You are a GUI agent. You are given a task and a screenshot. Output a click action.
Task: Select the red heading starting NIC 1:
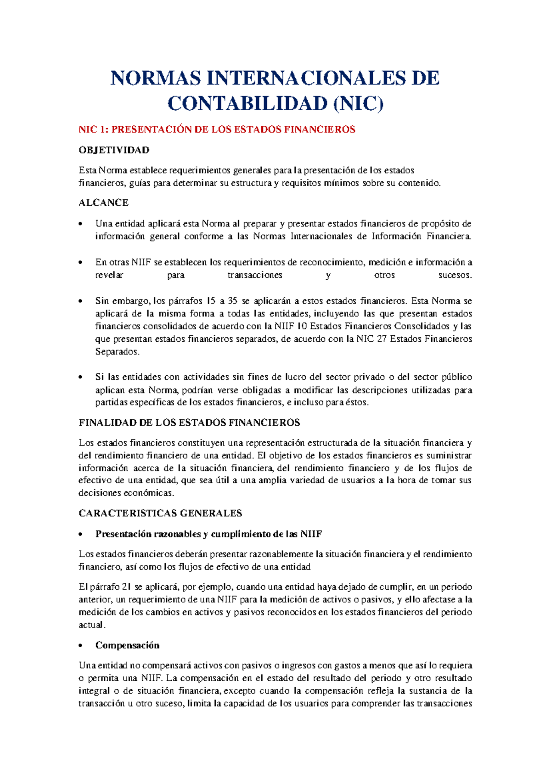tap(217, 130)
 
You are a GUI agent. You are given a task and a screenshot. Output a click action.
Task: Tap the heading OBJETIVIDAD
tap(114, 150)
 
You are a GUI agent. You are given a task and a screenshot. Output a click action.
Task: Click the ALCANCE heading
tap(103, 203)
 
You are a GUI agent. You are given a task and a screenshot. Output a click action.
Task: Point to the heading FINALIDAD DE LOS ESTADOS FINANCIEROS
tap(189, 423)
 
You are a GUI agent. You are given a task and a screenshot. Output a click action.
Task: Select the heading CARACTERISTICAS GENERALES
tap(160, 513)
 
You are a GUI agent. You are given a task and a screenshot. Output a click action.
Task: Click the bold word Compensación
tap(127, 645)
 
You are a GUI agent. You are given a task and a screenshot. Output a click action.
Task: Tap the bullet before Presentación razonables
tap(81, 535)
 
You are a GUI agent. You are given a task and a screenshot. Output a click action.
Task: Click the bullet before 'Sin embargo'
tap(81, 302)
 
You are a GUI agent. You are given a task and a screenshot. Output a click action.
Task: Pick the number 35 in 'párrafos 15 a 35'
tap(232, 301)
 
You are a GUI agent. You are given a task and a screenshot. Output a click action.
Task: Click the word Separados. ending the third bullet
tap(117, 352)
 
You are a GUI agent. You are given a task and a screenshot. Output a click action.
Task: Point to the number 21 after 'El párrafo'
tap(127, 587)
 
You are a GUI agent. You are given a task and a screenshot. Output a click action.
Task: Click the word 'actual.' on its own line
tap(92, 625)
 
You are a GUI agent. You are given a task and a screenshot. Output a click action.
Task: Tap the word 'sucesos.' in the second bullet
tap(455, 275)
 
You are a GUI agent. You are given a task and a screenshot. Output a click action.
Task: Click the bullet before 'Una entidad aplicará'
tap(81, 224)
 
